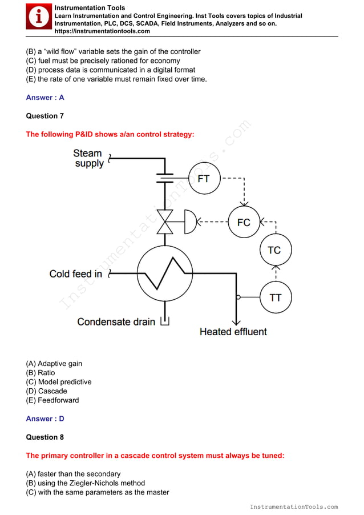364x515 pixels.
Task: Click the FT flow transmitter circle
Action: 204,178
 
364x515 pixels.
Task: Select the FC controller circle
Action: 244,222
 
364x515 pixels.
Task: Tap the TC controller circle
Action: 274,250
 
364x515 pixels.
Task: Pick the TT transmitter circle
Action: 276,297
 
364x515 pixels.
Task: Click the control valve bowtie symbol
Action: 166,222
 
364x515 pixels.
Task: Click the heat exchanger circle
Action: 166,273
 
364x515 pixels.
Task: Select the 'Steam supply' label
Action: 88,158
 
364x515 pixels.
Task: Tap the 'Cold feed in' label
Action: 76,274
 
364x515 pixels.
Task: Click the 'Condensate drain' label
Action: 116,321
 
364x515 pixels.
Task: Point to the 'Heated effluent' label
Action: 233,331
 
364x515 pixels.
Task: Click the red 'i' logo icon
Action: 39,18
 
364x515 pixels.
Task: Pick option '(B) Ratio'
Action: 41,373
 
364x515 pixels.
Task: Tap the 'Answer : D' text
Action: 45,419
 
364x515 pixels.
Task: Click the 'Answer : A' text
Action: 45,98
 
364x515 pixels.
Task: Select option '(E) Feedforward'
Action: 52,400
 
